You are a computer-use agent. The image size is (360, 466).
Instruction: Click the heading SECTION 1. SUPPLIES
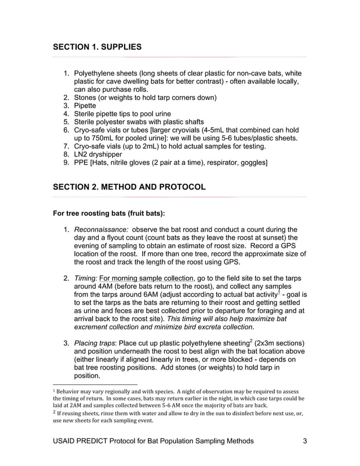(x=97, y=46)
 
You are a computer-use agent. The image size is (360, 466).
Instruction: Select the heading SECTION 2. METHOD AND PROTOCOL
(x=129, y=187)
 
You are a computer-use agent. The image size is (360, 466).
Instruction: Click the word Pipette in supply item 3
(x=85, y=105)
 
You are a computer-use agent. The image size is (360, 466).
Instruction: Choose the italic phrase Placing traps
(x=98, y=344)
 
